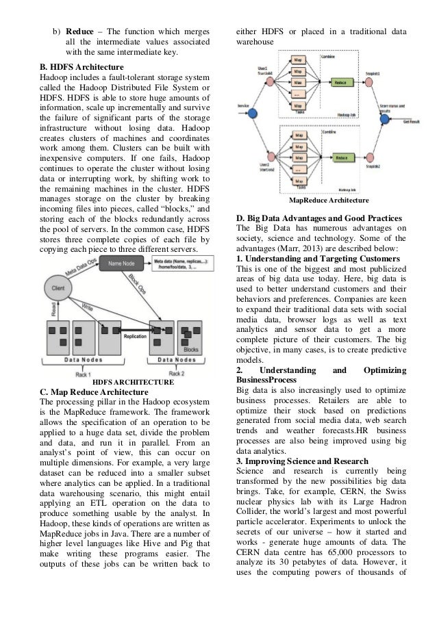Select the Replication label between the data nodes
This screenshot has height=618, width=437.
(x=136, y=336)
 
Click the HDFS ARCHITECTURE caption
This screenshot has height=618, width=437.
(x=132, y=381)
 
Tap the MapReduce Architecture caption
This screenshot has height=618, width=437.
(x=329, y=200)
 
